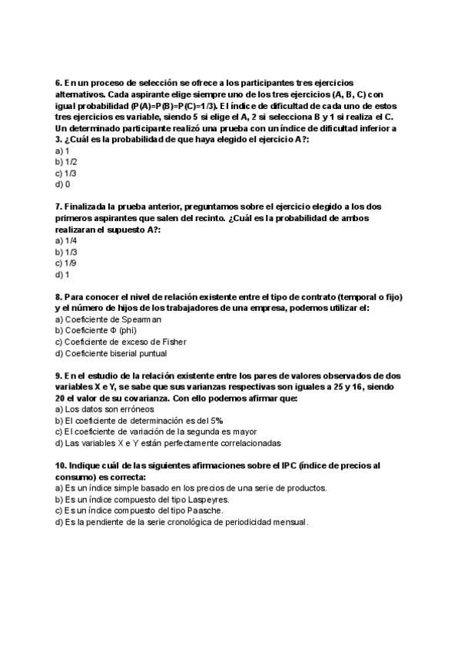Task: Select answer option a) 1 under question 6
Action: pos(62,151)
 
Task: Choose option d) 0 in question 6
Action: pos(62,184)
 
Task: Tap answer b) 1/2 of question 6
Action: pos(66,162)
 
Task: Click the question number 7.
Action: pos(58,207)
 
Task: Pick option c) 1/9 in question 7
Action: pos(66,263)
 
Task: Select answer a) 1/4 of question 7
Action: pos(66,240)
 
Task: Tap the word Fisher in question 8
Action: pos(174,342)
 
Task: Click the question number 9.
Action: pos(58,375)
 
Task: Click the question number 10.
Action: pos(61,466)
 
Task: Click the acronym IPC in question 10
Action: pos(287,466)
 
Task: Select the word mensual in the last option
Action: pos(286,522)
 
